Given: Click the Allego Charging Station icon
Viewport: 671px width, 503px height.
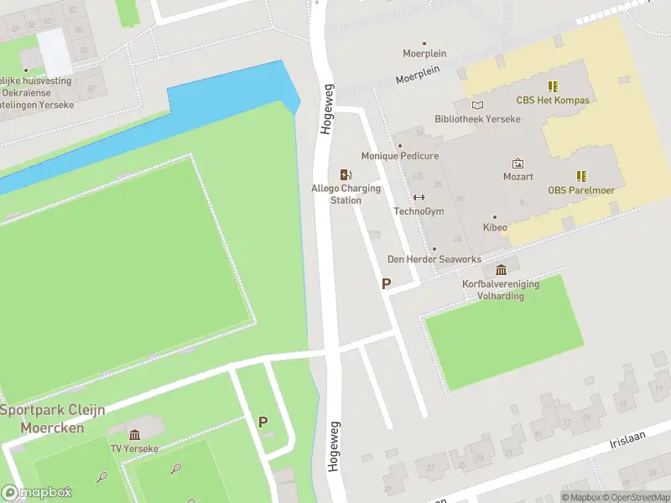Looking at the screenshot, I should [x=345, y=174].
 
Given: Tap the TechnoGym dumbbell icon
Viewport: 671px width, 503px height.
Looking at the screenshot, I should [x=419, y=198].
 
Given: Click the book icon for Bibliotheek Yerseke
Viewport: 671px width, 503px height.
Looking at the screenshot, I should [x=477, y=105].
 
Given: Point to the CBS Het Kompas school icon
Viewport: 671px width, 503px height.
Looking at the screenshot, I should [x=553, y=86].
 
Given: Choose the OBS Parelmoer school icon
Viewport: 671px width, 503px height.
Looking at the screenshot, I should [x=580, y=176].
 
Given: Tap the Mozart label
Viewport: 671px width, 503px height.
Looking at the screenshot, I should [x=518, y=177].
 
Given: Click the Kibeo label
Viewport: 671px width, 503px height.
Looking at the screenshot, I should [x=495, y=227].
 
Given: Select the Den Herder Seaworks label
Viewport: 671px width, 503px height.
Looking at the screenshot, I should [x=434, y=259].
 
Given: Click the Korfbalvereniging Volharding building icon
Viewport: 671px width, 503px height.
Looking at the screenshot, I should [x=501, y=269].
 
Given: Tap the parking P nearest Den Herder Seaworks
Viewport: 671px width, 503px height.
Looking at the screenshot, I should [x=386, y=284].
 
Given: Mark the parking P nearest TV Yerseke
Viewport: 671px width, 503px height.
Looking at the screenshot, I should [x=263, y=423].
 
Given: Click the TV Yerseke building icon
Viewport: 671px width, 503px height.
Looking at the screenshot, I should [x=134, y=434].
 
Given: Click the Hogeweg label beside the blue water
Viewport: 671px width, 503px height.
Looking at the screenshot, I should [x=326, y=109].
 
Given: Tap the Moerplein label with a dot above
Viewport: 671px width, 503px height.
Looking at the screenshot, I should [x=424, y=54].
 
